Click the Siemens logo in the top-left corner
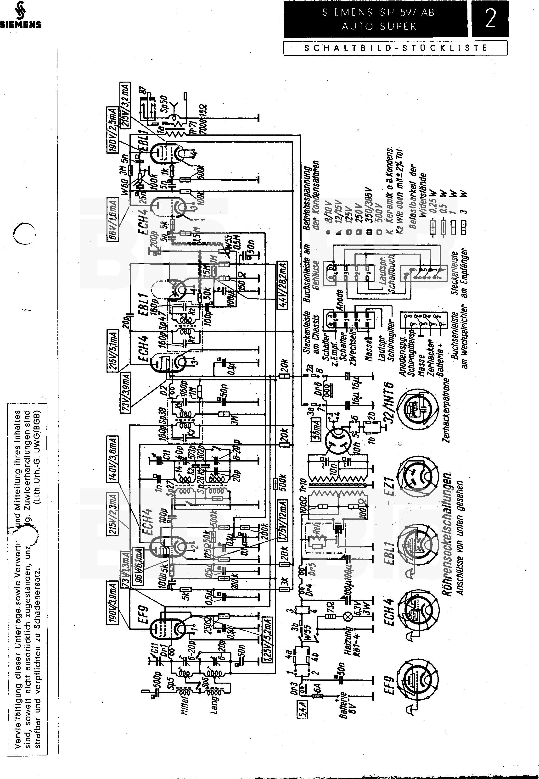pyautogui.click(x=21, y=15)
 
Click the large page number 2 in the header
pyautogui.click(x=490, y=19)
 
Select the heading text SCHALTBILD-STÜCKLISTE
pyautogui.click(x=395, y=48)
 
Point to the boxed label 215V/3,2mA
pyautogui.click(x=125, y=105)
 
